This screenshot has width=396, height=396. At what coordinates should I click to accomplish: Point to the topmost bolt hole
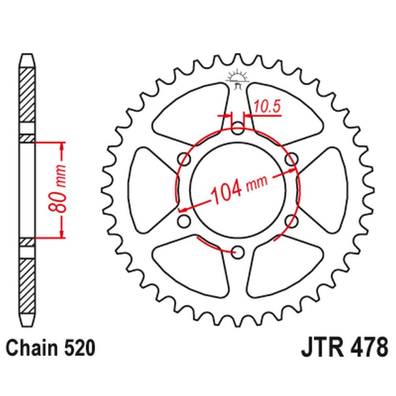click(x=238, y=131)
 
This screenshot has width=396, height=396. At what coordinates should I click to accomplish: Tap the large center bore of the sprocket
click(x=238, y=191)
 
